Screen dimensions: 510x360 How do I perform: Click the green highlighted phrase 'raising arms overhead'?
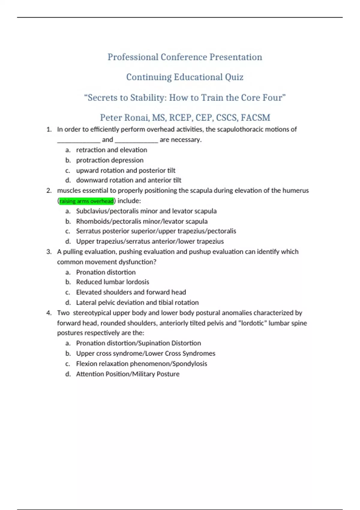point(86,201)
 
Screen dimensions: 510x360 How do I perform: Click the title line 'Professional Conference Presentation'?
point(185,57)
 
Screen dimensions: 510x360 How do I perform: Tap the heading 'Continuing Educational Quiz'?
point(185,77)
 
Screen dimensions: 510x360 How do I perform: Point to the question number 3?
point(49,252)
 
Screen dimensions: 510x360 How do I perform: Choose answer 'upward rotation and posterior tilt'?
point(126,170)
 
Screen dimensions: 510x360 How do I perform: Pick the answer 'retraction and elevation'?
point(112,150)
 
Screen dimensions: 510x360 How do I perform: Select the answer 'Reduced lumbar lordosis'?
point(112,282)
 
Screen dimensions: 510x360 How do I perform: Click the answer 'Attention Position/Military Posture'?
point(128,374)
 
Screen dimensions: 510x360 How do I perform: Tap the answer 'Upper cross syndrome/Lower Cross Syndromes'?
point(146,353)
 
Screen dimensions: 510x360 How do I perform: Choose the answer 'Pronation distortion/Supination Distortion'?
point(139,343)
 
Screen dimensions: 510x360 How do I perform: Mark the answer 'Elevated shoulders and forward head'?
point(131,292)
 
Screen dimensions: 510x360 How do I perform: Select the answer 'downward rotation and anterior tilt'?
point(129,180)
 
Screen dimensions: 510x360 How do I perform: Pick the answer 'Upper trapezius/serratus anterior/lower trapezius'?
point(150,241)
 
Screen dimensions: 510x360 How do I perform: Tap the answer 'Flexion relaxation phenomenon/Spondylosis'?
point(142,364)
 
